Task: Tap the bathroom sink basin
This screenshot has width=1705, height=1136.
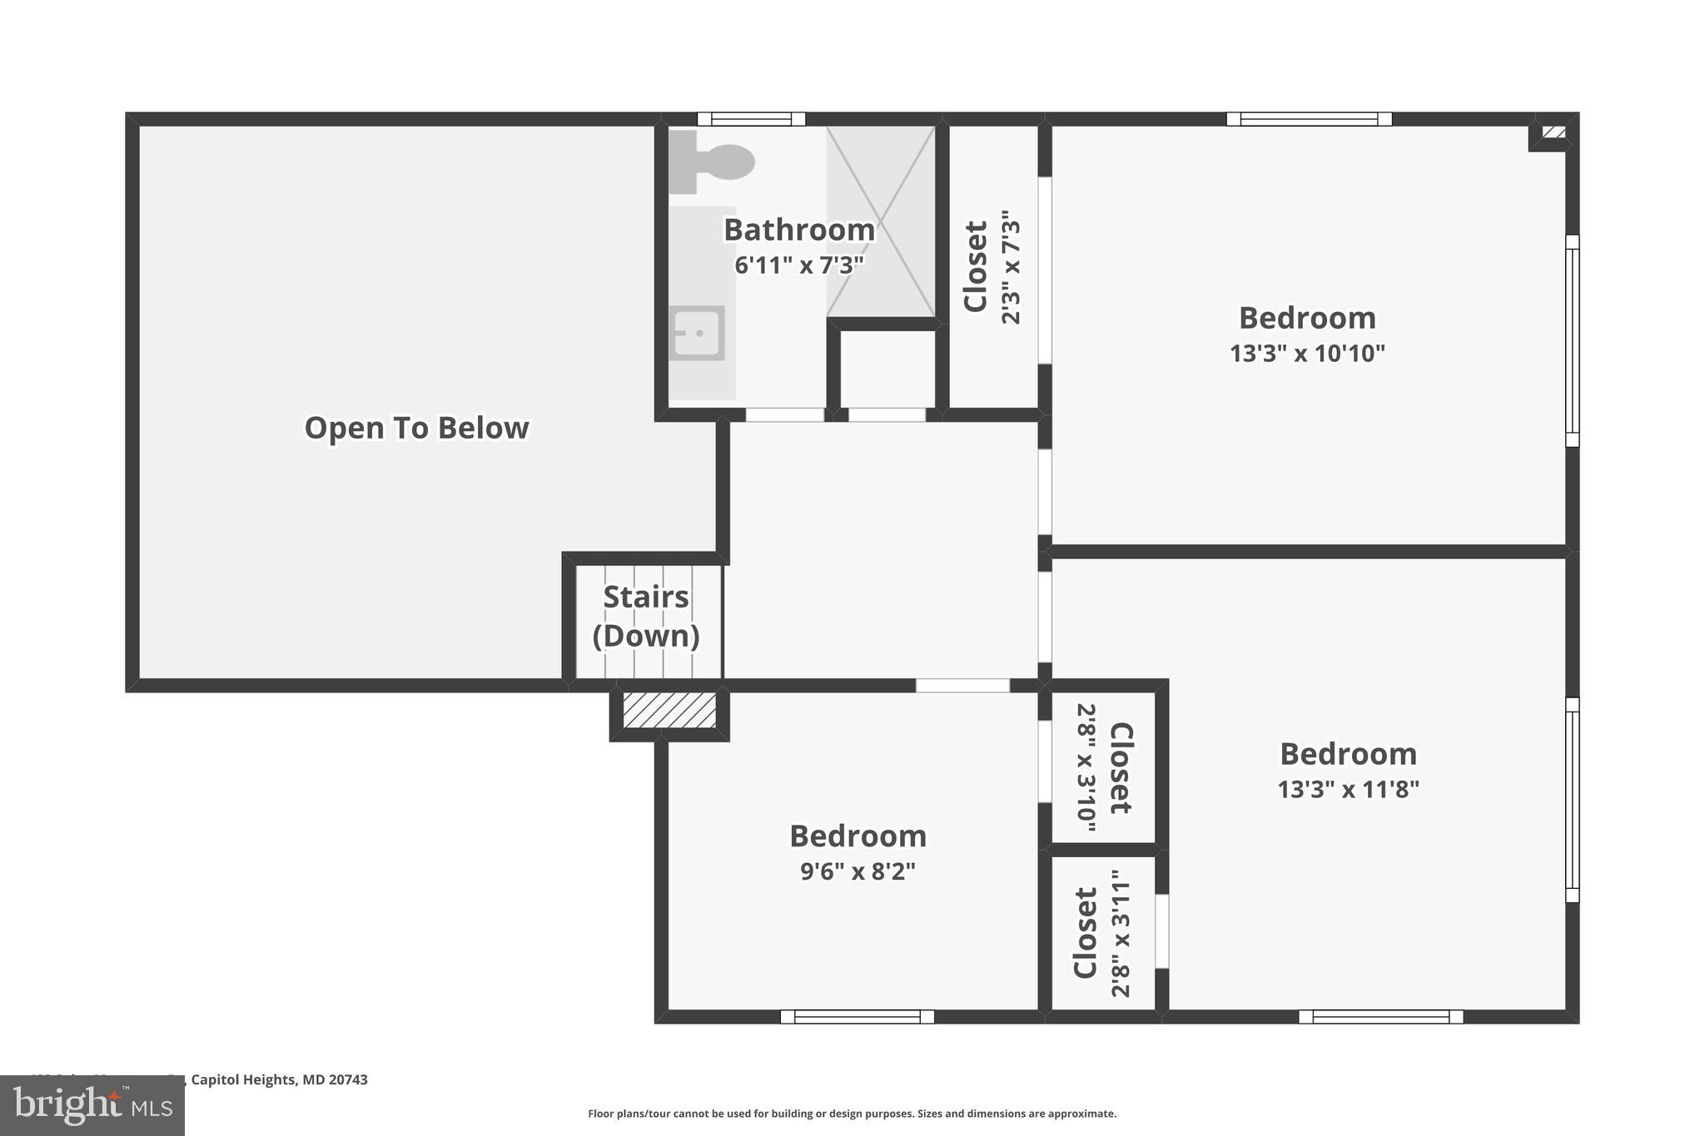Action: [697, 333]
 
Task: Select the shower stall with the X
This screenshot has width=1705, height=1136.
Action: [881, 221]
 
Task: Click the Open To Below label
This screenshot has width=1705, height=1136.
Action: [416, 428]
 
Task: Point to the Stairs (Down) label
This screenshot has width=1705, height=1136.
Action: [646, 616]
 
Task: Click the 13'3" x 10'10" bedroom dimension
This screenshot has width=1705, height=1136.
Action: [1307, 354]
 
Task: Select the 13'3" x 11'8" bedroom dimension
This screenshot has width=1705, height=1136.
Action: [1348, 789]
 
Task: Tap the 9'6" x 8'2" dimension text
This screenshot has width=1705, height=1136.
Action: [857, 871]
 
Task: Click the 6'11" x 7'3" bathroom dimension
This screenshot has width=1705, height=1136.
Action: [798, 265]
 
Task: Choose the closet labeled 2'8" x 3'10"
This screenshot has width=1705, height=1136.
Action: [1104, 767]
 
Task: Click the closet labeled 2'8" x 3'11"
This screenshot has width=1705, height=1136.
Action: [1103, 933]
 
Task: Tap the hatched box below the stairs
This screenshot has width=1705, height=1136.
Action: [669, 711]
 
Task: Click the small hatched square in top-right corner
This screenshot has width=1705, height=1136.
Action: [1553, 132]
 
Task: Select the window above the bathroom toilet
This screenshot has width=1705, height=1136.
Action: [751, 119]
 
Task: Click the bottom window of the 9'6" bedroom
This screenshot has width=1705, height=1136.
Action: [857, 1016]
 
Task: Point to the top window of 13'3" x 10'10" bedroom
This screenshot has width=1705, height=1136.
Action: [1309, 119]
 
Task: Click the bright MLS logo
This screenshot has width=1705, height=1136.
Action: [92, 1105]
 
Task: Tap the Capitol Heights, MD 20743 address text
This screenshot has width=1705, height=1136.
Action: [279, 1079]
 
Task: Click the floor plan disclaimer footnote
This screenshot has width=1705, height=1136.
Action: [852, 1114]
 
